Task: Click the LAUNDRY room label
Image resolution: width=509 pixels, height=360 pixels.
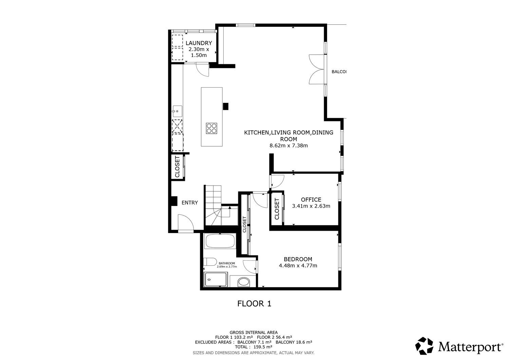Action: pyautogui.click(x=199, y=43)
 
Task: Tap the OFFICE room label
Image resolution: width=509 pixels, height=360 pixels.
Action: pyautogui.click(x=311, y=200)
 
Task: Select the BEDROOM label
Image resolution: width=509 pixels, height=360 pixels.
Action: pyautogui.click(x=298, y=259)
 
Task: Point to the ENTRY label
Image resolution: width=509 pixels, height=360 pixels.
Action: pyautogui.click(x=190, y=203)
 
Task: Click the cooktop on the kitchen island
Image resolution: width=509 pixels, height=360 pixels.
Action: pyautogui.click(x=211, y=128)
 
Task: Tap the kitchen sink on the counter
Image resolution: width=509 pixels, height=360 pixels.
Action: pyautogui.click(x=177, y=111)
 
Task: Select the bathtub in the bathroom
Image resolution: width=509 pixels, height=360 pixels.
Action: pyautogui.click(x=220, y=241)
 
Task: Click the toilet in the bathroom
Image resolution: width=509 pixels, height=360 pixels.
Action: pyautogui.click(x=210, y=262)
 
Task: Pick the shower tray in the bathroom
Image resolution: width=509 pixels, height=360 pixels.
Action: pyautogui.click(x=215, y=279)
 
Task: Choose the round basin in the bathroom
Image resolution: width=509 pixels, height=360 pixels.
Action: pyautogui.click(x=244, y=282)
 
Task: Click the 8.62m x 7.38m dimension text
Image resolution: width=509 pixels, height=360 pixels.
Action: pyautogui.click(x=288, y=146)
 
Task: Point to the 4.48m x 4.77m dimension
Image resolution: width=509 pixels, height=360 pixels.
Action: pyautogui.click(x=298, y=265)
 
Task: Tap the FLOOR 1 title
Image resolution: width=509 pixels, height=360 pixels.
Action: pyautogui.click(x=254, y=304)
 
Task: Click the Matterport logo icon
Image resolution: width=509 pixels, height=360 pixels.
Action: pyautogui.click(x=424, y=346)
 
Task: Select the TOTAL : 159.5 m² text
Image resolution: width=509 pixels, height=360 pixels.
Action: pyautogui.click(x=253, y=347)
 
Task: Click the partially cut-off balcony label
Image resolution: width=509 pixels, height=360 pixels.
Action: pyautogui.click(x=339, y=72)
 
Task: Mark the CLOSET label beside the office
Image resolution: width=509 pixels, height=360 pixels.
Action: pyautogui.click(x=277, y=209)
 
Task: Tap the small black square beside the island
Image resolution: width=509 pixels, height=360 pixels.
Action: pyautogui.click(x=225, y=106)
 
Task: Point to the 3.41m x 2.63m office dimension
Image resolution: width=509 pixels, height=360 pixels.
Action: pyautogui.click(x=311, y=206)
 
